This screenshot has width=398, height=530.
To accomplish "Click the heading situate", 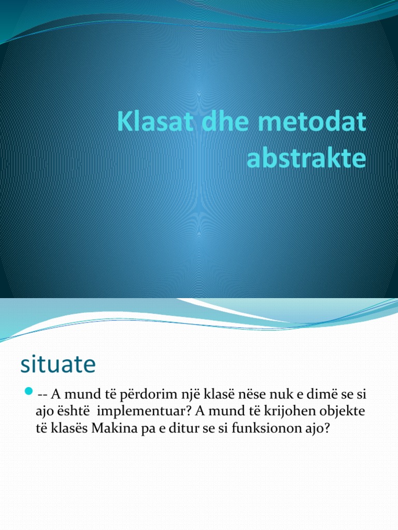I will pyautogui.click(x=58, y=364).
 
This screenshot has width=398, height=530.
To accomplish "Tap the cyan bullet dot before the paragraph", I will pyautogui.click(x=29, y=389).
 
